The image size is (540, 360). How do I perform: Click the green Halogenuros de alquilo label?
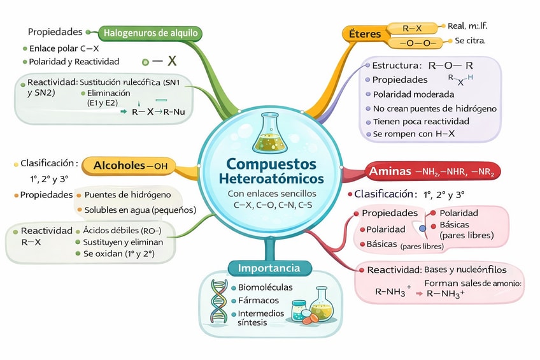150,32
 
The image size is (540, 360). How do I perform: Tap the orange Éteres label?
365,34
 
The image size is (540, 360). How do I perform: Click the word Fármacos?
258,301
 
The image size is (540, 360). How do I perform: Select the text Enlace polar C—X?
64,48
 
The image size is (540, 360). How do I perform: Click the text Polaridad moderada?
404,94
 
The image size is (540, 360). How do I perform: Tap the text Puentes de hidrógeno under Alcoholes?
127,195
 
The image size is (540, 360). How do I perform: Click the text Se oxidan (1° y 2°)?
119,254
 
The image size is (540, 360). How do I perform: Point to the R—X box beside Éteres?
412,28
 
